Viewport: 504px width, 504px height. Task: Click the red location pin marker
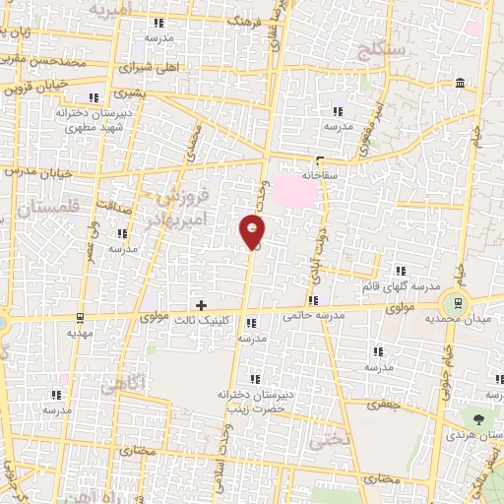(x=253, y=231)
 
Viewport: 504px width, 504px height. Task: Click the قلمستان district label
(x=43, y=209)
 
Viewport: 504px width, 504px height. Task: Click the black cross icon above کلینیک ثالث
(x=202, y=305)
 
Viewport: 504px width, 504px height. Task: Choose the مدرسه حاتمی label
(x=314, y=316)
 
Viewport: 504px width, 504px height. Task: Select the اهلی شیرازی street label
(x=144, y=70)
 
